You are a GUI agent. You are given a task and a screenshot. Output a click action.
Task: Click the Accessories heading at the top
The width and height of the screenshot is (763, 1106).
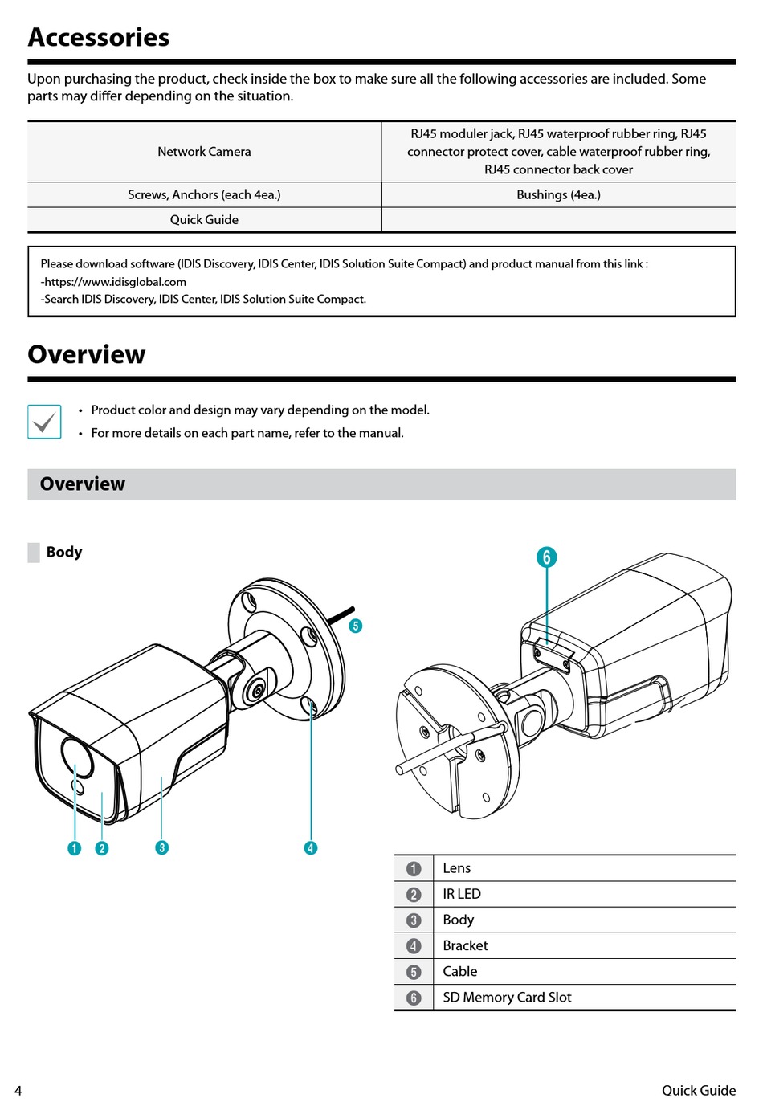(99, 38)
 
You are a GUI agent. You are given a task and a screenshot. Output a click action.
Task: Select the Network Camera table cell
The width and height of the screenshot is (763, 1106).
(204, 152)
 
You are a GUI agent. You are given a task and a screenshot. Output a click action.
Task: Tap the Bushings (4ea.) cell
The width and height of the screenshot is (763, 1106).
(558, 195)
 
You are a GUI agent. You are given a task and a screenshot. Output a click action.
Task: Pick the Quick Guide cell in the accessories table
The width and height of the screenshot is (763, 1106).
(204, 220)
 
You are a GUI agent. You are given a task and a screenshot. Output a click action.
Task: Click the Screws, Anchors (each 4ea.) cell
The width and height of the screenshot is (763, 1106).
(204, 195)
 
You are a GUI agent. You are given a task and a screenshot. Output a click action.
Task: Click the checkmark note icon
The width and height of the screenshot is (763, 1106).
(44, 422)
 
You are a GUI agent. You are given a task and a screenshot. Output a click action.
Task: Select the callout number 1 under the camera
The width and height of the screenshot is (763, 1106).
(75, 848)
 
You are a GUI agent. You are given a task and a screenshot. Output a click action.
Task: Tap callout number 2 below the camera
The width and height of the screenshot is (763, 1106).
(102, 848)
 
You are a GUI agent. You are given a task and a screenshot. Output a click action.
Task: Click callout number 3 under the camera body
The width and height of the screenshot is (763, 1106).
(162, 847)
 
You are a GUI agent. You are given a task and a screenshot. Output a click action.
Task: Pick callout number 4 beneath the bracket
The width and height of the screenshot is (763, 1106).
(311, 847)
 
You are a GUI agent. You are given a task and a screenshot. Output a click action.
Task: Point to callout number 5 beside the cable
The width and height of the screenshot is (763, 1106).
(356, 626)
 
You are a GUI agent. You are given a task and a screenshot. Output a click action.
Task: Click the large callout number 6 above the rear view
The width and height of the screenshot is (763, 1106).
(546, 557)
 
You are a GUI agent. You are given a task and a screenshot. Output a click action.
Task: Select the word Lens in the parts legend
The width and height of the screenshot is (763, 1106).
(457, 868)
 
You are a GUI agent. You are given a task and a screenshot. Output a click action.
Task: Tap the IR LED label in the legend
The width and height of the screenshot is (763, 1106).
(462, 894)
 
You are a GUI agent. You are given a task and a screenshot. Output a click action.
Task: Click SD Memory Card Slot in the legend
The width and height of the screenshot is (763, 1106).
(507, 998)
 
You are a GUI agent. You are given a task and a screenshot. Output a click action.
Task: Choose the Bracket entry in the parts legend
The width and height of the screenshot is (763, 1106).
(465, 946)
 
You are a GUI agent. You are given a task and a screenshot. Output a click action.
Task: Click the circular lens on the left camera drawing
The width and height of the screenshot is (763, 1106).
(75, 757)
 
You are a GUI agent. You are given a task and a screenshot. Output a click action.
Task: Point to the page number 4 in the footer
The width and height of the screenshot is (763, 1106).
(18, 1091)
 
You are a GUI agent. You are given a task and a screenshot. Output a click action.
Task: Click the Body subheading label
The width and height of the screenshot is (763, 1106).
(64, 552)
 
